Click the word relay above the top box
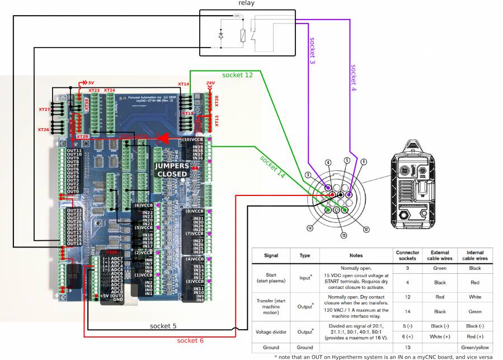pyautogui.click(x=246, y=3)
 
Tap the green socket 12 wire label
pyautogui.click(x=237, y=74)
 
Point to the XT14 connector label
pyautogui.click(x=184, y=84)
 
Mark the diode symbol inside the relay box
pyautogui.click(x=221, y=36)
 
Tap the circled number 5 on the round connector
pyautogui.click(x=347, y=160)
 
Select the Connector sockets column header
pyautogui.click(x=407, y=256)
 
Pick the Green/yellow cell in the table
pyautogui.click(x=474, y=347)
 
